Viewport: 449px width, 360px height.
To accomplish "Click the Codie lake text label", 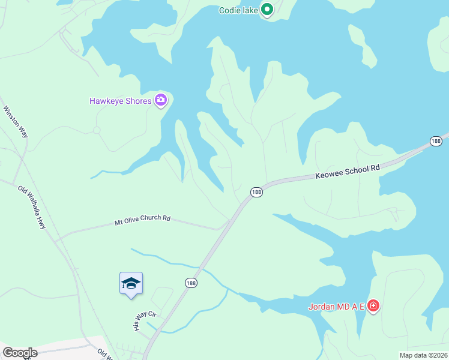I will [238, 10].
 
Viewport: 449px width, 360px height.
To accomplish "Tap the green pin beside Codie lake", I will [267, 10].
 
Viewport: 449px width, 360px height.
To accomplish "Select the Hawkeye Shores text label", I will [120, 101].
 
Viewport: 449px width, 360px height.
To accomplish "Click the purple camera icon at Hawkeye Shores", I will [160, 100].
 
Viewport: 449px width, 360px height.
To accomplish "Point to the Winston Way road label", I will [16, 122].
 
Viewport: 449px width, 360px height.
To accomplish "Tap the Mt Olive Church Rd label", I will [142, 221].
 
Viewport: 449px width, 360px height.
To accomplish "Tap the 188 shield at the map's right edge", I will [436, 141].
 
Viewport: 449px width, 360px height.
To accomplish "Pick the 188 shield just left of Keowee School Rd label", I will [256, 192].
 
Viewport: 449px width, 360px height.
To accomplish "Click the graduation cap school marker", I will [131, 283].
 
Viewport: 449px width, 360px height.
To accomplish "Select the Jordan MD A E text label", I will [336, 307].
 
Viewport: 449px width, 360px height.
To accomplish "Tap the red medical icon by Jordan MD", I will [373, 307].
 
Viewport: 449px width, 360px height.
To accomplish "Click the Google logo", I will [20, 353].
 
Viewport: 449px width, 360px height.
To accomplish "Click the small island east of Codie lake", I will [363, 46].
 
